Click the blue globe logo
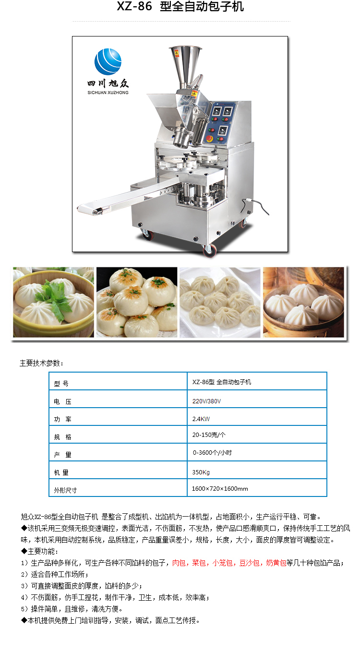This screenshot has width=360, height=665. [108, 61]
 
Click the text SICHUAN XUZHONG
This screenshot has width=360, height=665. [108, 93]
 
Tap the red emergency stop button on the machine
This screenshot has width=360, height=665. [210, 139]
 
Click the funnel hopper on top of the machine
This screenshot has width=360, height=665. [185, 67]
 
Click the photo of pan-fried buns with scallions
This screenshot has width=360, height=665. [137, 302]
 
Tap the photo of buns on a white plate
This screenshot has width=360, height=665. [220, 302]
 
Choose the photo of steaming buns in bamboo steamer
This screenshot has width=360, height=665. [304, 302]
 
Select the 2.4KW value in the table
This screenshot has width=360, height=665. [201, 419]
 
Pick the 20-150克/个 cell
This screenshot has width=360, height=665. [257, 435]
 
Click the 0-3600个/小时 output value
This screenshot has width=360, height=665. [212, 452]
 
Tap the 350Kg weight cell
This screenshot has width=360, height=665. [257, 470]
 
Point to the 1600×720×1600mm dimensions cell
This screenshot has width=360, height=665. [257, 488]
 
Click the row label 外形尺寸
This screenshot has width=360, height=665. [65, 490]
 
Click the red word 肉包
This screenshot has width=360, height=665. [179, 563]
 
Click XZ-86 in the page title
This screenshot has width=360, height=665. [134, 6]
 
